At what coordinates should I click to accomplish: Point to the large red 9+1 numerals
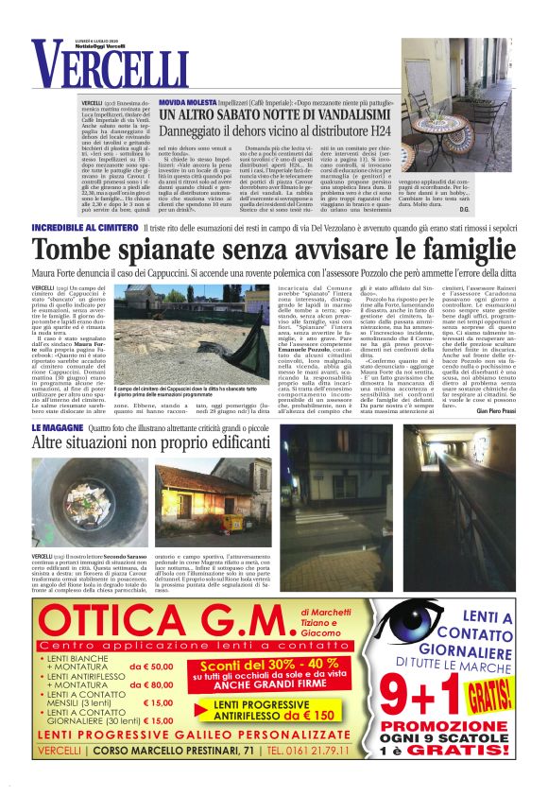click(x=454, y=695)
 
